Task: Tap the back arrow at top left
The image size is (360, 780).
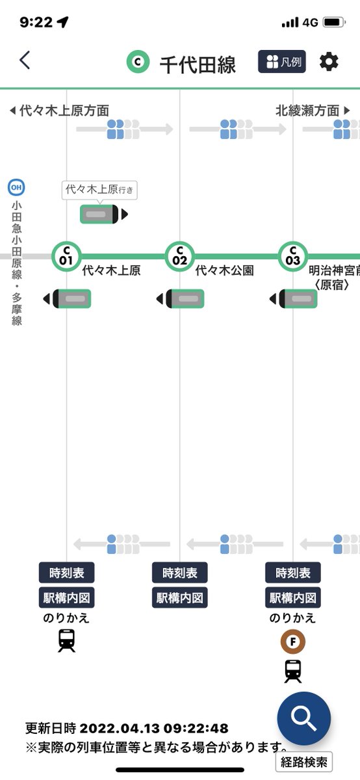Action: coord(25,60)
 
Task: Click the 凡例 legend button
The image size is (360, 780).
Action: coord(282,62)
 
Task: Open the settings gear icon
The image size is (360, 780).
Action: coord(329,62)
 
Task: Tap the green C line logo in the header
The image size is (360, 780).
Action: coord(138,62)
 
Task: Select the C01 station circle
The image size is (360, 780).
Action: coord(66,256)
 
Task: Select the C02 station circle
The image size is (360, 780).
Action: coord(179,256)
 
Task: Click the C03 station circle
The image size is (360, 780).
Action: coord(293,256)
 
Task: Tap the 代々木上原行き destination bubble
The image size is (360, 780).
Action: coord(99,190)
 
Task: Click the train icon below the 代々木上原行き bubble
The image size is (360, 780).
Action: coord(104,214)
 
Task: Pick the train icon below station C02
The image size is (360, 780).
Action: coord(181,299)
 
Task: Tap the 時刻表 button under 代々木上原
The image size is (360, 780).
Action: coord(66,573)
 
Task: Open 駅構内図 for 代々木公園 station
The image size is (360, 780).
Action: coord(179,598)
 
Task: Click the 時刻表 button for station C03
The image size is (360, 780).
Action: coord(293,573)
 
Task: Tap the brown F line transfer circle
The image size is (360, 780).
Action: coord(293,642)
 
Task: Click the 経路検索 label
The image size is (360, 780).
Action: coord(304,762)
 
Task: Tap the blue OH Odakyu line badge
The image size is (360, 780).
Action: coord(16,187)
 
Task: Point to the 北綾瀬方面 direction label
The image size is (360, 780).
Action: coord(307,110)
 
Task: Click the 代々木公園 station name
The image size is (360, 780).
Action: coord(225,270)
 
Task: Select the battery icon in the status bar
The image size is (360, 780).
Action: coord(333,22)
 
